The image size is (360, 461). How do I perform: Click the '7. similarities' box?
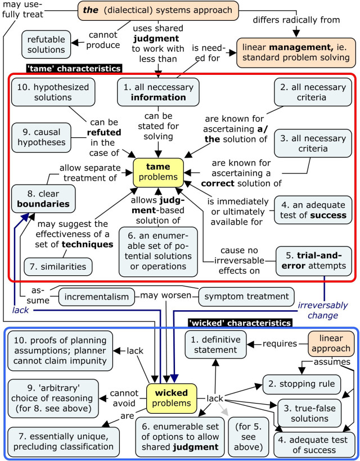click(58, 265)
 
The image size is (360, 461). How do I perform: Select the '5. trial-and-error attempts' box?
click(314, 261)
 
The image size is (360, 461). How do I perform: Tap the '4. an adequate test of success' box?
click(314, 210)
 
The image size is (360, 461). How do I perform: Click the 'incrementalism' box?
click(97, 296)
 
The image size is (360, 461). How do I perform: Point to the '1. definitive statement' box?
click(217, 344)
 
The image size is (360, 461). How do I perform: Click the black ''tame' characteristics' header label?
click(74, 68)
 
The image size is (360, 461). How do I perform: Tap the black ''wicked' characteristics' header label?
click(240, 323)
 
